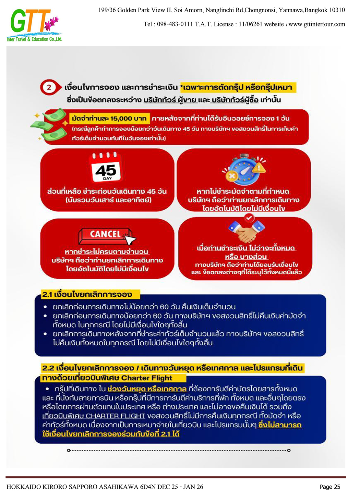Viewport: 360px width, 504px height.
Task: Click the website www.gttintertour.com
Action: pyautogui.click(x=317, y=24)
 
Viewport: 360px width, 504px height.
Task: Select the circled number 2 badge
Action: pyautogui.click(x=49, y=87)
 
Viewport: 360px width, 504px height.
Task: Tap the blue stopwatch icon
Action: pyautogui.click(x=244, y=169)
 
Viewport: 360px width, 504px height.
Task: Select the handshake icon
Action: pyautogui.click(x=247, y=231)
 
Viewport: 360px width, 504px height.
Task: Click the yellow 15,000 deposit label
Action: pyautogui.click(x=109, y=119)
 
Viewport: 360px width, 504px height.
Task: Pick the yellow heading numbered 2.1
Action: pyautogui.click(x=87, y=294)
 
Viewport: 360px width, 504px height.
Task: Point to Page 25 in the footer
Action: pyautogui.click(x=330, y=487)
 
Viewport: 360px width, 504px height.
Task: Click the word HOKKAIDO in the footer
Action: pyautogui.click(x=23, y=487)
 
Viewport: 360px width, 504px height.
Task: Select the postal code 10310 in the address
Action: pyautogui.click(x=337, y=10)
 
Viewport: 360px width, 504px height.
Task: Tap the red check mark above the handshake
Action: pyautogui.click(x=249, y=217)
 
